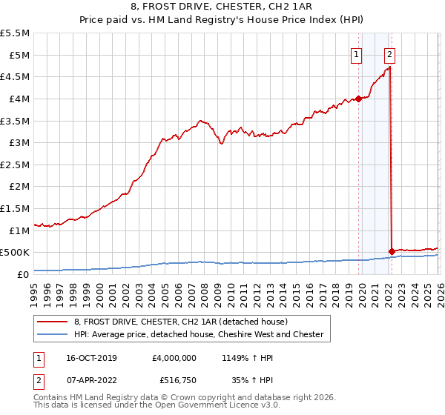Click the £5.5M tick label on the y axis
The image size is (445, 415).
pyautogui.click(x=16, y=33)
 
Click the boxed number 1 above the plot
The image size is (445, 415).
pyautogui.click(x=357, y=53)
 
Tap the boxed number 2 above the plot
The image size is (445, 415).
pyautogui.click(x=389, y=53)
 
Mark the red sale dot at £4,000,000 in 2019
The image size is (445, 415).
pyautogui.click(x=357, y=99)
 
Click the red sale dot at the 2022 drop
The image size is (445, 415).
pyautogui.click(x=391, y=251)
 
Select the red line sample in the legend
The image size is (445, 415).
pyautogui.click(x=53, y=322)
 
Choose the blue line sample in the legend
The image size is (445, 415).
pyautogui.click(x=53, y=334)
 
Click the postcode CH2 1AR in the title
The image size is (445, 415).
pyautogui.click(x=276, y=7)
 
